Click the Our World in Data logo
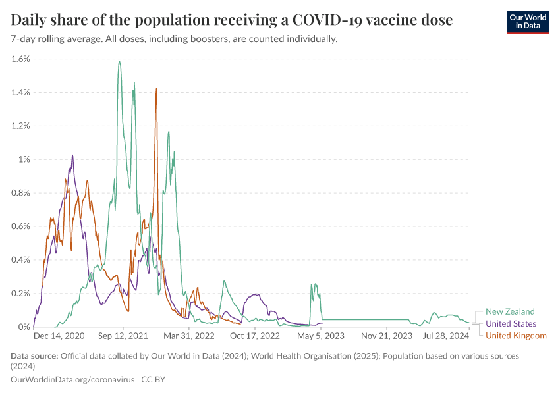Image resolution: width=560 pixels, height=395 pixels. (527, 21)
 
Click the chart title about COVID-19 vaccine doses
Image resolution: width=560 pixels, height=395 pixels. (232, 20)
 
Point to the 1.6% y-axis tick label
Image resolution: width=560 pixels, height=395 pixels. (21, 59)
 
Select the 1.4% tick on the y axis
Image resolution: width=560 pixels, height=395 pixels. (21, 92)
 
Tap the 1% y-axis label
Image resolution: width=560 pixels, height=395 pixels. (24, 159)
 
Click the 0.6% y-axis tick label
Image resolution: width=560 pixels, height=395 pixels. (21, 226)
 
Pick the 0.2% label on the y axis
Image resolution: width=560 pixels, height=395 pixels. (21, 293)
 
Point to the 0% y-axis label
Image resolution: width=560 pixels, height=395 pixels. (24, 327)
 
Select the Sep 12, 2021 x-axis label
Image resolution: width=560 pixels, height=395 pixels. (123, 336)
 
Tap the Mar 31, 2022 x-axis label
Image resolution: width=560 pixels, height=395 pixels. (190, 336)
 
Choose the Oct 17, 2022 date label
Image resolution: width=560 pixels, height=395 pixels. (256, 336)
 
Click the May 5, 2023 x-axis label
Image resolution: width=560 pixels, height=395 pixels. (321, 336)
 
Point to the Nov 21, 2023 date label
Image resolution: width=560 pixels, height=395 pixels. (387, 336)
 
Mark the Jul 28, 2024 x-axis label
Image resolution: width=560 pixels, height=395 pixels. (446, 336)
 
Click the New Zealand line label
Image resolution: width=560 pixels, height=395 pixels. (510, 311)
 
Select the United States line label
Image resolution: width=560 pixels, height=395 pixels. (511, 323)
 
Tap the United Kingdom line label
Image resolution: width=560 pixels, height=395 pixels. (516, 336)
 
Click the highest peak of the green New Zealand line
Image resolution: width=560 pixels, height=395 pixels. (119, 61)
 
